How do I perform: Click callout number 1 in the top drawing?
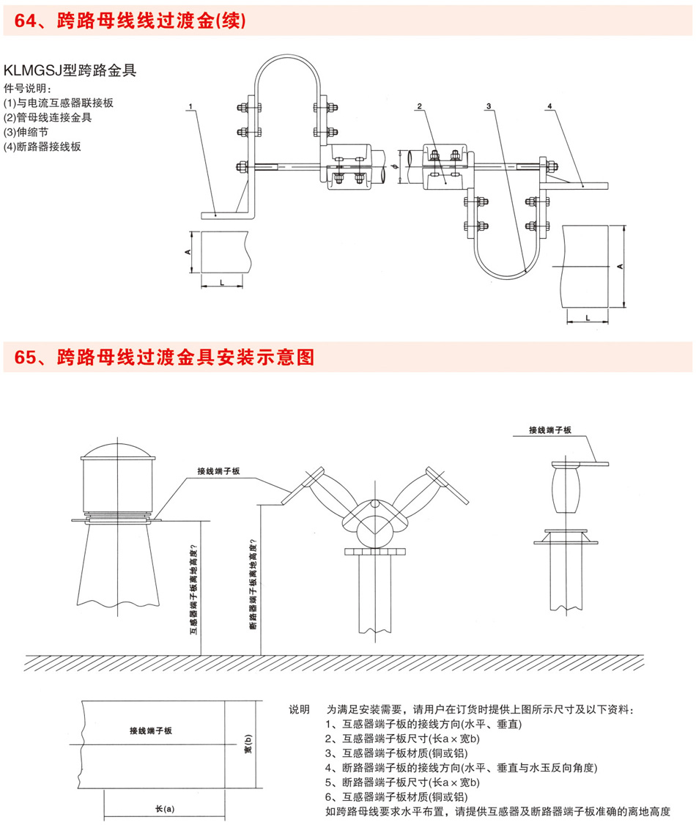pyautogui.click(x=190, y=107)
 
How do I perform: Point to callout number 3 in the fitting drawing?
pyautogui.click(x=488, y=107)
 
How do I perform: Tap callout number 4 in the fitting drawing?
pyautogui.click(x=549, y=107)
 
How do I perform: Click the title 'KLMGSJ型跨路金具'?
pyautogui.click(x=70, y=71)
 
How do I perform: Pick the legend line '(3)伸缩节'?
pyautogui.click(x=27, y=132)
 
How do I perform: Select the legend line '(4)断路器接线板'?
pyautogui.click(x=42, y=146)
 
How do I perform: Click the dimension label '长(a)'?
pyautogui.click(x=165, y=809)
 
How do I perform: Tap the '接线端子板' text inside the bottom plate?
pyautogui.click(x=150, y=730)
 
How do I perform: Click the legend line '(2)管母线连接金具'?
pyautogui.click(x=48, y=117)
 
